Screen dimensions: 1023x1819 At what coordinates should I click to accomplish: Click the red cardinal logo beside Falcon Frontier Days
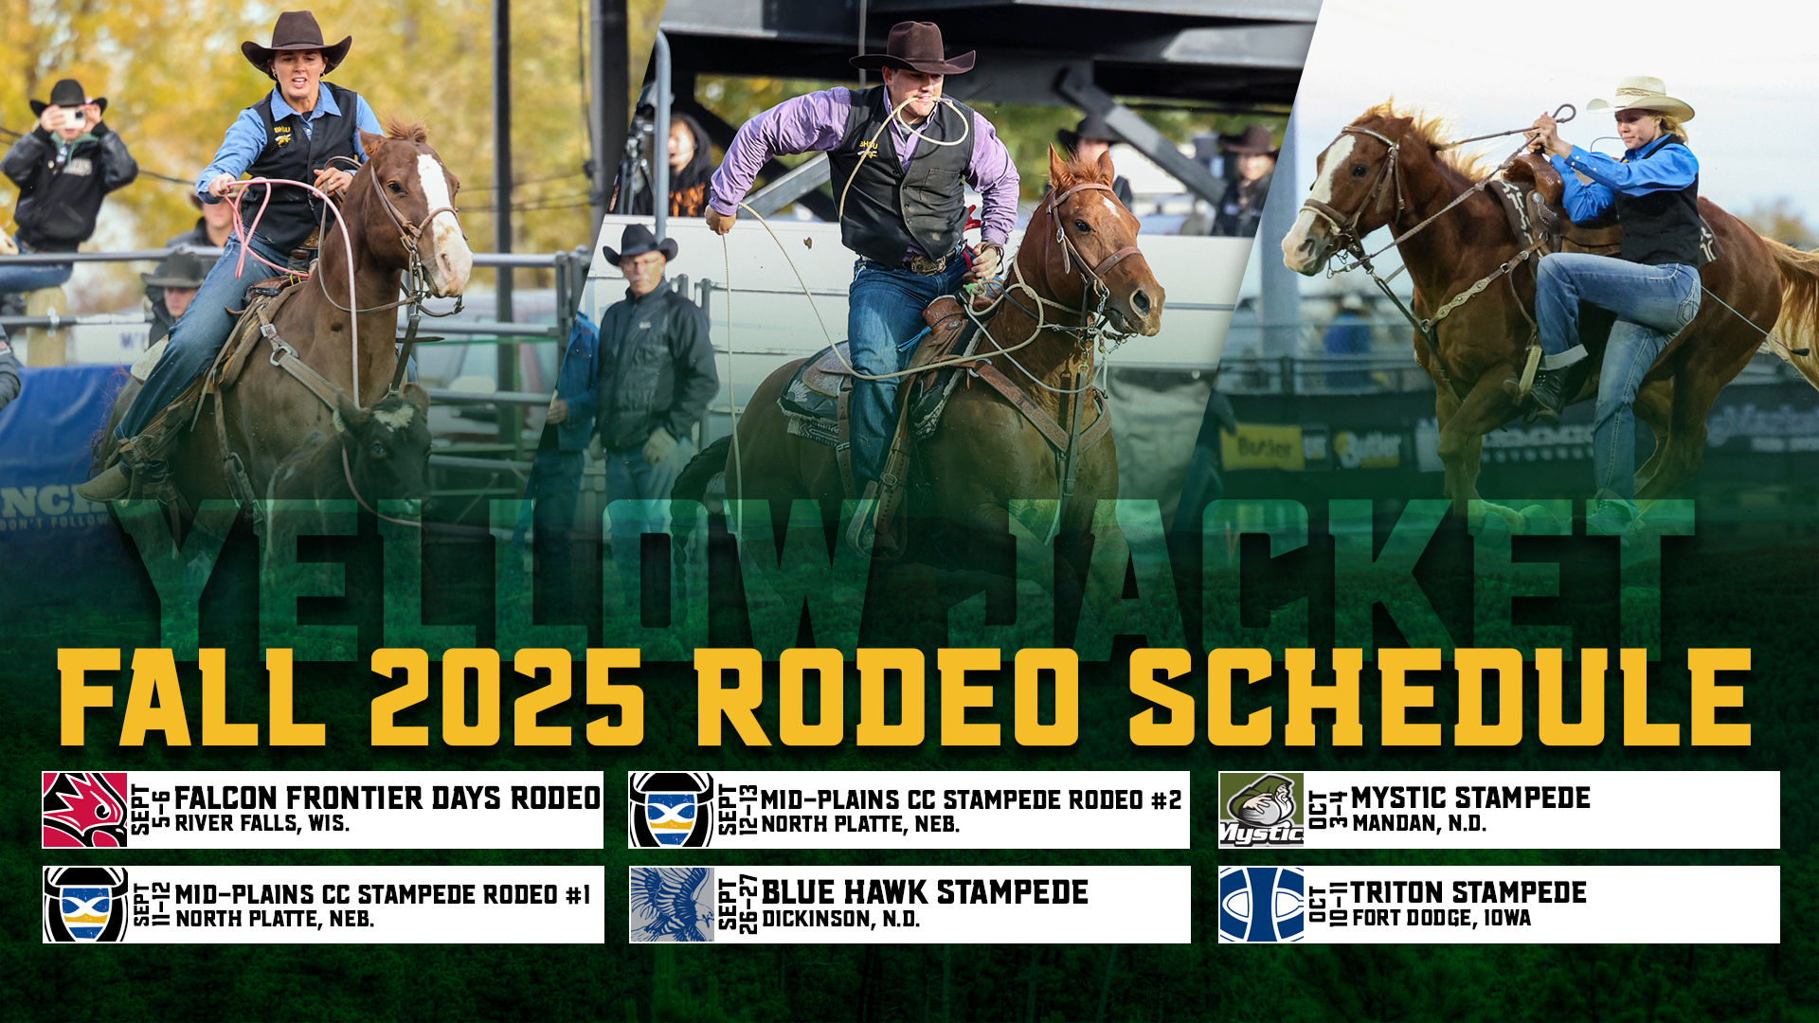(85, 810)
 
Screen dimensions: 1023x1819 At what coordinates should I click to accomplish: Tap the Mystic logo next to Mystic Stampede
(1261, 810)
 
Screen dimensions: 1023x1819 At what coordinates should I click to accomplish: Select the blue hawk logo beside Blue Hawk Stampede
(672, 905)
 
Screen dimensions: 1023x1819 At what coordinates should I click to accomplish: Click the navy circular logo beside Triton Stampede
(1261, 905)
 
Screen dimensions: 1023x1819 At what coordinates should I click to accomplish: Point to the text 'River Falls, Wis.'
(262, 824)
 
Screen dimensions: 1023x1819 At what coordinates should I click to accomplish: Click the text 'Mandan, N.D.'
(1419, 824)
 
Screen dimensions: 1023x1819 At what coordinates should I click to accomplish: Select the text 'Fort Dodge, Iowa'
(1441, 918)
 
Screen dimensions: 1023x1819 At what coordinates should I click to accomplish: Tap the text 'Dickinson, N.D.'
(840, 919)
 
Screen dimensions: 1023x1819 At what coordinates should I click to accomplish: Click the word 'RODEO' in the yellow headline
(886, 698)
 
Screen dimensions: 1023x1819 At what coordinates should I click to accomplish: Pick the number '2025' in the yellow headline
(507, 698)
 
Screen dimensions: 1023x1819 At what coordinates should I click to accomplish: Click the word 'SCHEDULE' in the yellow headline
(1438, 698)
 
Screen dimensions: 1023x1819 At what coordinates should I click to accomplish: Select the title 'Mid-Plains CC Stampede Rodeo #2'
(971, 800)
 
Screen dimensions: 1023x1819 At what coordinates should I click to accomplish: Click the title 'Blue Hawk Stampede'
(925, 892)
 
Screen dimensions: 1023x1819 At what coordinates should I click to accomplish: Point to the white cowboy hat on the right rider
(1641, 98)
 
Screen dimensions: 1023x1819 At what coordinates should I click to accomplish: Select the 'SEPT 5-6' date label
(151, 810)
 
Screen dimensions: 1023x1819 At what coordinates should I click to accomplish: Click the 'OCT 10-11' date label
(1327, 905)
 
